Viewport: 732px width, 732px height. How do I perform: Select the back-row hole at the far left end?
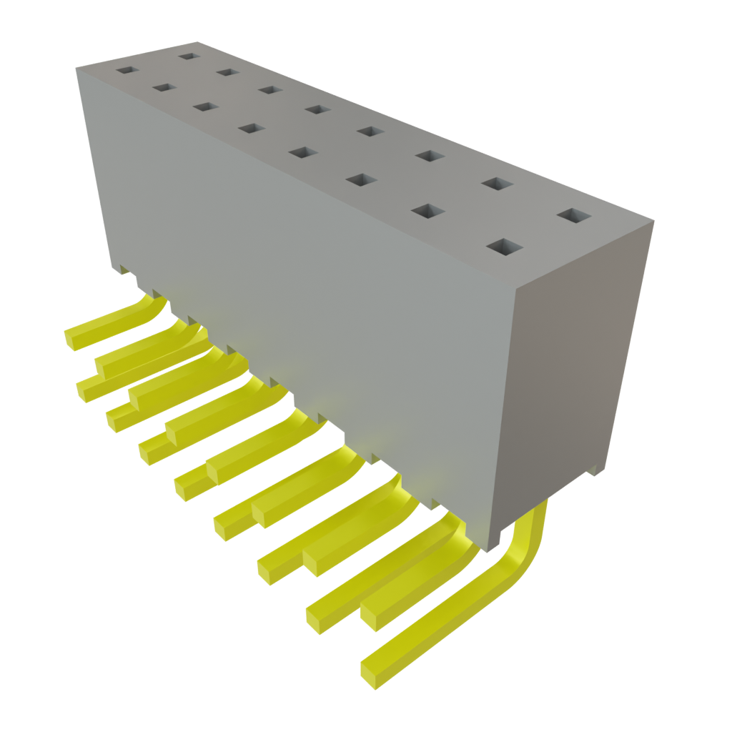coord(188,55)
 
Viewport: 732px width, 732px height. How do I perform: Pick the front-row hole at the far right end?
coord(503,247)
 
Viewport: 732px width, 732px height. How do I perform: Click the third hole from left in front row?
coord(205,107)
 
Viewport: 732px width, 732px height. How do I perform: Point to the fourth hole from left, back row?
coord(316,109)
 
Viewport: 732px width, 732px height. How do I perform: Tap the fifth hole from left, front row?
coord(303,152)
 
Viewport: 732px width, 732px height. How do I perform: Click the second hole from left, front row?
coord(164,87)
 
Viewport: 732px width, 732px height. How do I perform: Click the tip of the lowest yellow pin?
coord(371,672)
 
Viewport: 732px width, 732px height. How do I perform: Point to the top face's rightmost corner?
coord(654,222)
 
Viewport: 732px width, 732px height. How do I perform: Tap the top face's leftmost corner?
coord(76,66)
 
